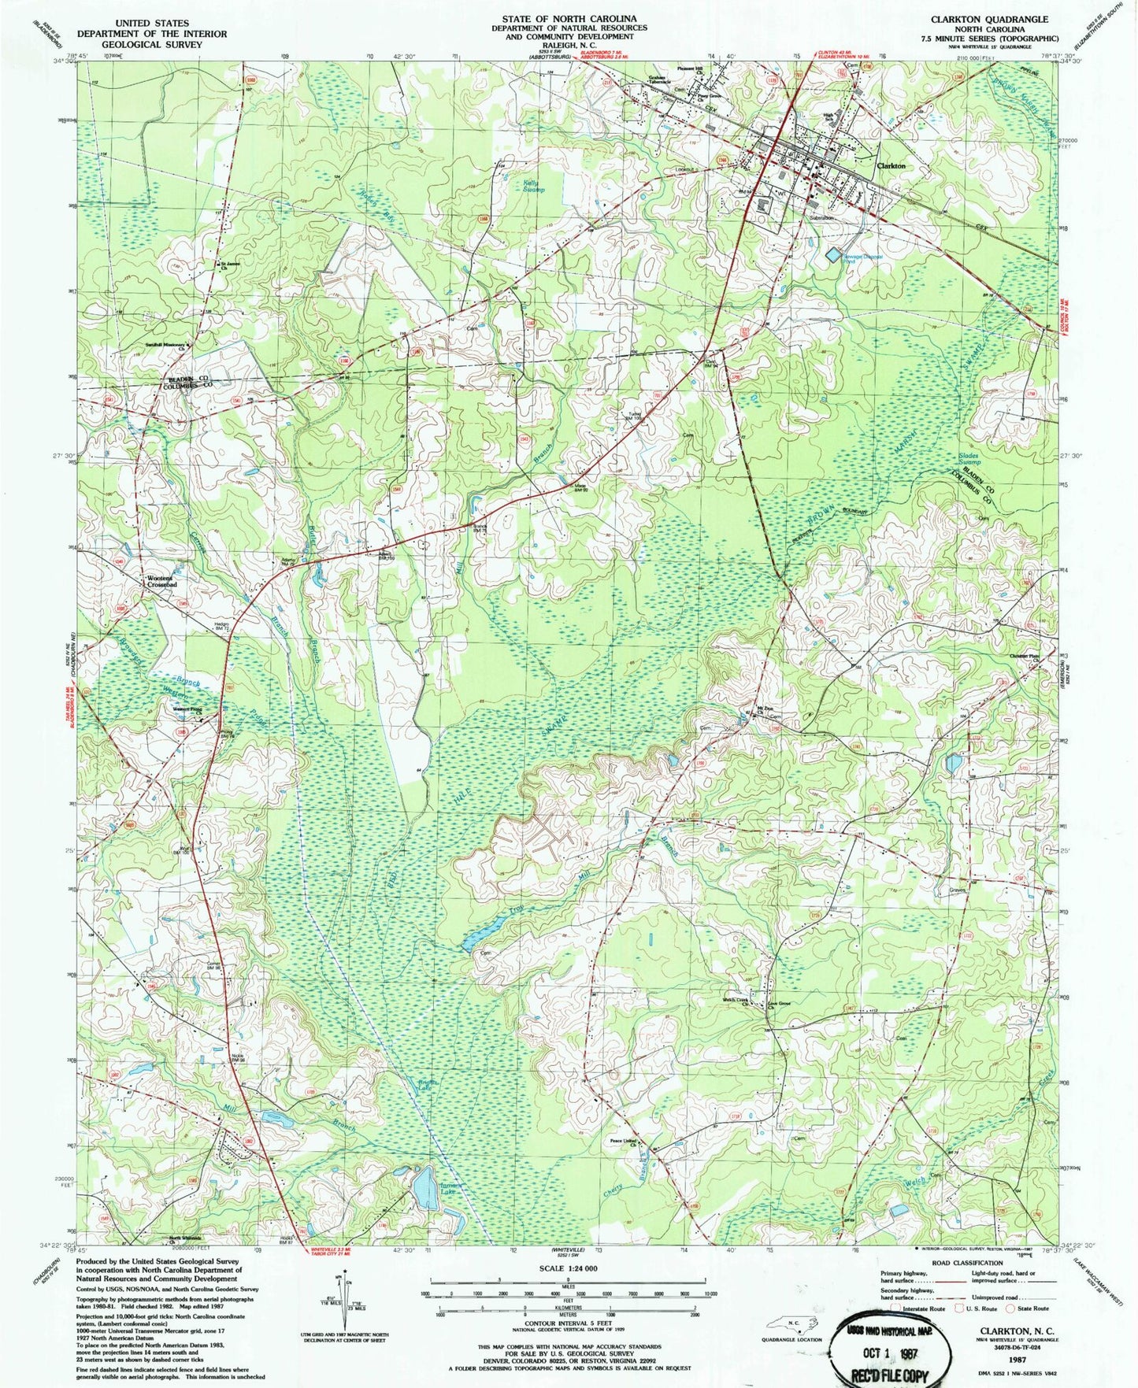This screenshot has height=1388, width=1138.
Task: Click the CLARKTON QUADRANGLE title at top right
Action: click(x=989, y=19)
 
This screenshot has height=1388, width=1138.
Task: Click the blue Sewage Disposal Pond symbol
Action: click(x=832, y=254)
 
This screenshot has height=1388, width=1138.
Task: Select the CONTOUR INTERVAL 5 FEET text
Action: click(x=565, y=1326)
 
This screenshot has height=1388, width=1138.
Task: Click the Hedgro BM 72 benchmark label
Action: click(x=221, y=627)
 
